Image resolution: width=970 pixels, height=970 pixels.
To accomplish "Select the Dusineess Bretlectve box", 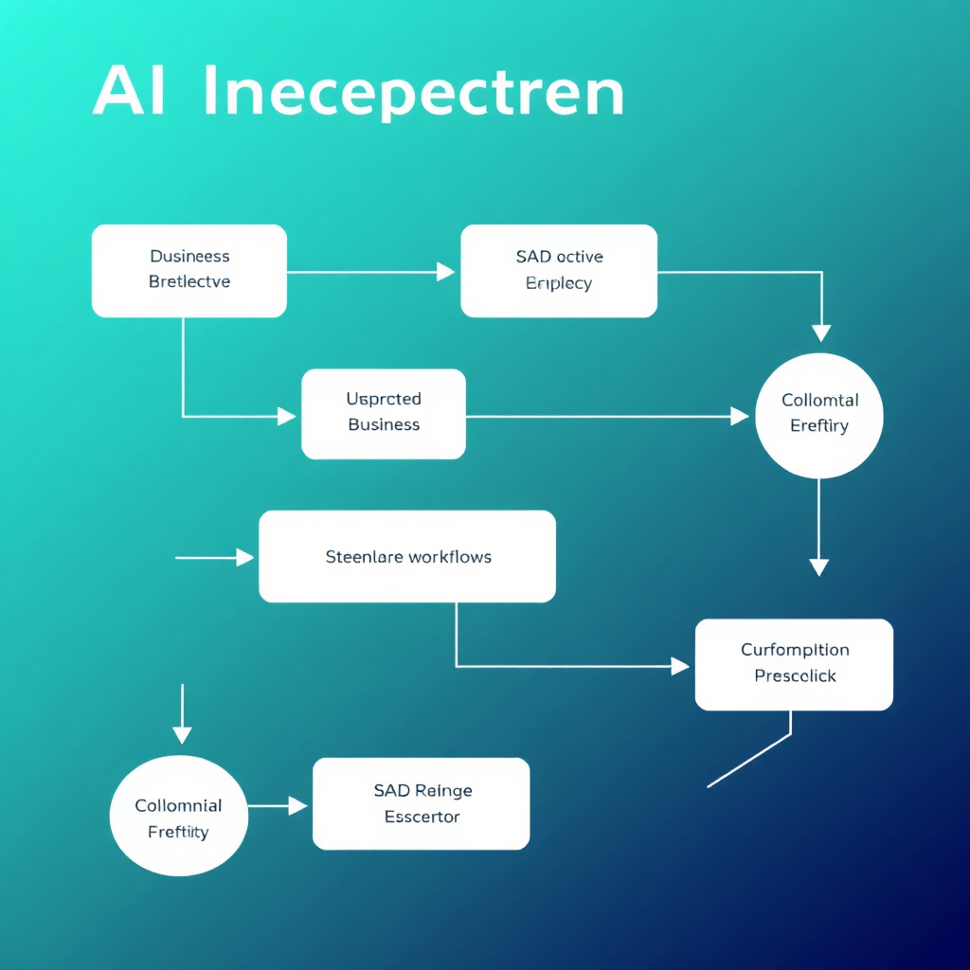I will pyautogui.click(x=189, y=270).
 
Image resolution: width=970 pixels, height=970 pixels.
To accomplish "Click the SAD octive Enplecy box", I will pyautogui.click(x=559, y=270).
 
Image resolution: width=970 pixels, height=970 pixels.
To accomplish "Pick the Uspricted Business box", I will pyautogui.click(x=384, y=413).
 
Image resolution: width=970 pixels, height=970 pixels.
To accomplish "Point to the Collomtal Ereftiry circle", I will pyautogui.click(x=819, y=415).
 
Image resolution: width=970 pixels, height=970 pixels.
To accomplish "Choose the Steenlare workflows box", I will pyautogui.click(x=407, y=556).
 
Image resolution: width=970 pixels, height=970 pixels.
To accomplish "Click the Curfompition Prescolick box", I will pyautogui.click(x=794, y=664).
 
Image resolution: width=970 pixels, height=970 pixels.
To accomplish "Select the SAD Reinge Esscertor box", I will pyautogui.click(x=422, y=803).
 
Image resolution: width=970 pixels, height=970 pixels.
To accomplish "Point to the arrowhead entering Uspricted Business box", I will pyautogui.click(x=286, y=415).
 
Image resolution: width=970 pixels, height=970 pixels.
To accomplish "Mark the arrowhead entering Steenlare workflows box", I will pyautogui.click(x=245, y=558).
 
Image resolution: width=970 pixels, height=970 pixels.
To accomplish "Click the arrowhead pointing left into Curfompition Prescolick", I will pyautogui.click(x=680, y=666).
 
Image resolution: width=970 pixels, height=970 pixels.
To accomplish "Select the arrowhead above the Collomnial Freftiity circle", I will pyautogui.click(x=182, y=734).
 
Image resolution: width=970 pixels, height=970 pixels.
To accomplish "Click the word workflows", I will pyautogui.click(x=450, y=557).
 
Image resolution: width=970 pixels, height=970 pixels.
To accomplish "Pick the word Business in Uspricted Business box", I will pyautogui.click(x=384, y=424).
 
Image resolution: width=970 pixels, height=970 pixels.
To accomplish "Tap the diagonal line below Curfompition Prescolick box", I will pyautogui.click(x=748, y=761).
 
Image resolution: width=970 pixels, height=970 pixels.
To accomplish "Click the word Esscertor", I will pyautogui.click(x=422, y=817).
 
